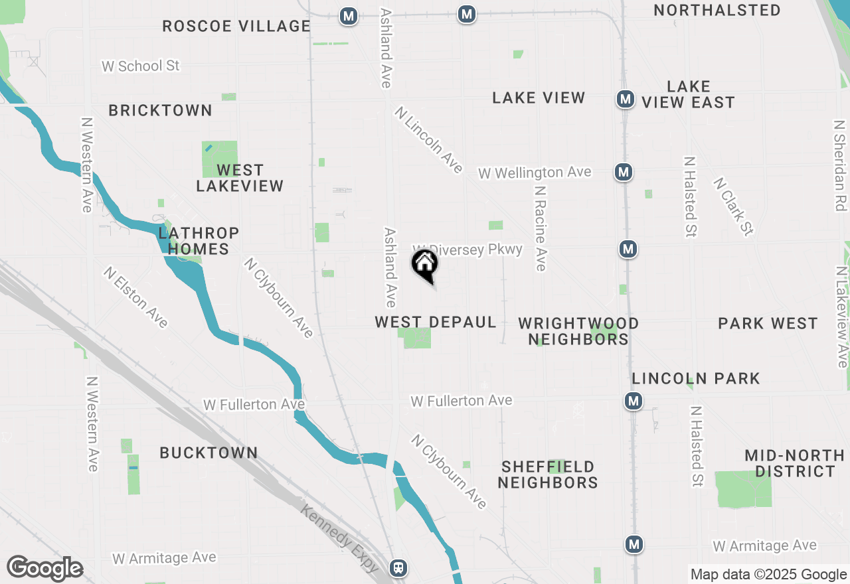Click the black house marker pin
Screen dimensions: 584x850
tap(425, 265)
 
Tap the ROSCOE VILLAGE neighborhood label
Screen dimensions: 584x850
tap(236, 27)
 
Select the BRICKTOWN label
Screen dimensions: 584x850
tap(161, 110)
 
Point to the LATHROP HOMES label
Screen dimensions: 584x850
tap(199, 241)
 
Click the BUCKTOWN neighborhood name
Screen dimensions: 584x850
tap(209, 453)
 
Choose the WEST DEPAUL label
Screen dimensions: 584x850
tap(436, 323)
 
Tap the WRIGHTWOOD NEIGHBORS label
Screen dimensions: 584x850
tap(578, 331)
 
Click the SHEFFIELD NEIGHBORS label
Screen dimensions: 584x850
tap(548, 475)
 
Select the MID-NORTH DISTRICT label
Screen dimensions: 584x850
tap(794, 464)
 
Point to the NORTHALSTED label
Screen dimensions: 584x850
tap(717, 11)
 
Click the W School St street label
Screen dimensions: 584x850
tap(141, 66)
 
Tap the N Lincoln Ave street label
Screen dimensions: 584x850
tap(428, 140)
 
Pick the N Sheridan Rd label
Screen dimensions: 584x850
tap(841, 165)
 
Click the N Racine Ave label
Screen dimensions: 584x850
tap(541, 228)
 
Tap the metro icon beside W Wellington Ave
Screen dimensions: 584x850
tap(623, 173)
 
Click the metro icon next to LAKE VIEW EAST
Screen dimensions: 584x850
tap(624, 100)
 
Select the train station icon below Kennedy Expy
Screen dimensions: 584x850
tap(398, 567)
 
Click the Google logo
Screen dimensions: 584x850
tap(44, 569)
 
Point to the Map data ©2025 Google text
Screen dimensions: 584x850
tap(768, 575)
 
